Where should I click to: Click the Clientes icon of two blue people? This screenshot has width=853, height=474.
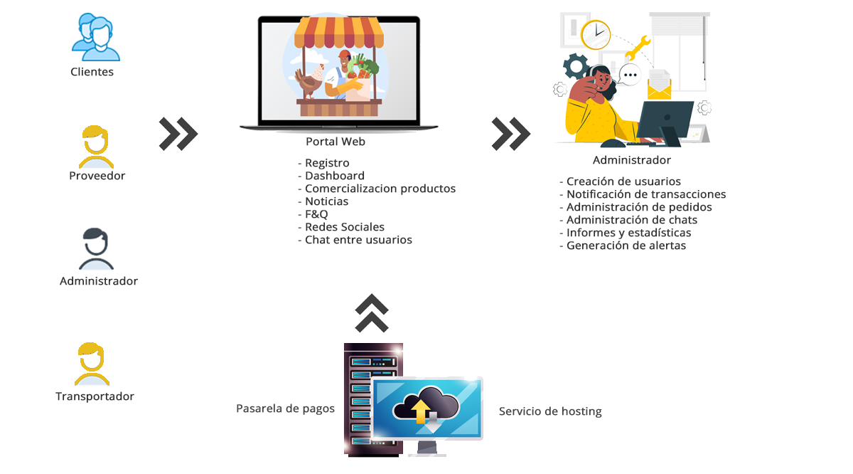(95, 37)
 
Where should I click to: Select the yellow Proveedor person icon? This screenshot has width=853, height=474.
(95, 146)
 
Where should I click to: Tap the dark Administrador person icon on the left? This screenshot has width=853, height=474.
(96, 249)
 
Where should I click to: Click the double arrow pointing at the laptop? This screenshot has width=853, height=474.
(178, 133)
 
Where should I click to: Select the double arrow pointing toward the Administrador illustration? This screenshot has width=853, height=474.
(510, 133)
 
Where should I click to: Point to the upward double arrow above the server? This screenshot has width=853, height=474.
(372, 313)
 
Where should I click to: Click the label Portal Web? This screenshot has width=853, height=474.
(336, 142)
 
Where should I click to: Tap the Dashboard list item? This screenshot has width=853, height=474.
(334, 176)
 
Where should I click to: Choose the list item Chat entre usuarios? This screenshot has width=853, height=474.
(358, 240)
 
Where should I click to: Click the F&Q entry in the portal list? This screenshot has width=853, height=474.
(316, 214)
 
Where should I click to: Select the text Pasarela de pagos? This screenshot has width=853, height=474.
(285, 409)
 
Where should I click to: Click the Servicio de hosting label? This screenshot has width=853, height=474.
(550, 411)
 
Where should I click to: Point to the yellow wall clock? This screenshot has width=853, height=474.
(596, 34)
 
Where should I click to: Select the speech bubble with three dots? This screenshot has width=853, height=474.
(629, 74)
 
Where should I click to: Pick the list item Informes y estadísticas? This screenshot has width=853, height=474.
(628, 233)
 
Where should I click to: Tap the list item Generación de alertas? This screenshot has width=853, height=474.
(626, 246)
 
